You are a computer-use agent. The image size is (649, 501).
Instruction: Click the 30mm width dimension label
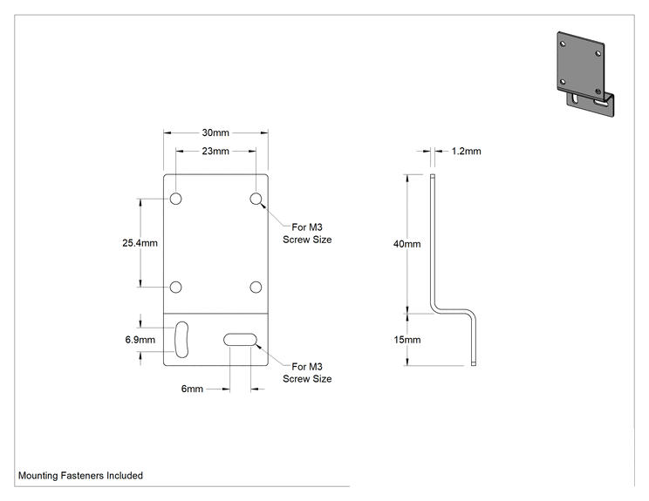coord(215,132)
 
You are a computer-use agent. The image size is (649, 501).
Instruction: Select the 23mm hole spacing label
coord(215,152)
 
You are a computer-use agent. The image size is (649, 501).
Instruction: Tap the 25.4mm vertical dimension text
coord(140,243)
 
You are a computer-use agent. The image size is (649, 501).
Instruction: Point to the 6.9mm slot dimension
coord(140,340)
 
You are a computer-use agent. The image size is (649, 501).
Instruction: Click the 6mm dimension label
coord(192,389)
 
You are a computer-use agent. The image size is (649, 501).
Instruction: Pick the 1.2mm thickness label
coord(466,152)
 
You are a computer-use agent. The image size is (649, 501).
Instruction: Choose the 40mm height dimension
coord(406,244)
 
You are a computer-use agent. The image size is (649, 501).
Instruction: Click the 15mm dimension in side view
coord(406,340)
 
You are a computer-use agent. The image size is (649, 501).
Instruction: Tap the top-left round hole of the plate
coord(176,199)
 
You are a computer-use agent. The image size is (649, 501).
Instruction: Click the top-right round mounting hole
coord(256,199)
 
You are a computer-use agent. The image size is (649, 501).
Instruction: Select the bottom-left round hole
coord(176,287)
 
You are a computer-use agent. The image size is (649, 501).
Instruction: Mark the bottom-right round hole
coord(256,287)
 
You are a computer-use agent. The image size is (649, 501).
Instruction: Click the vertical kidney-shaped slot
coord(181,340)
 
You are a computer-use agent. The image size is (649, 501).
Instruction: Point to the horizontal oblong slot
coord(240,340)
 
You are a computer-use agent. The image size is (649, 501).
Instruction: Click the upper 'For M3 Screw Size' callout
coord(307,234)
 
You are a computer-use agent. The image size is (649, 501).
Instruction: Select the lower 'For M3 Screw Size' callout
coord(307,372)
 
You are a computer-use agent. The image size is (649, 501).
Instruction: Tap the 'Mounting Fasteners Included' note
coord(81,476)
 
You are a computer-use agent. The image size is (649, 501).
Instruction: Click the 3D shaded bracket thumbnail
coord(585,73)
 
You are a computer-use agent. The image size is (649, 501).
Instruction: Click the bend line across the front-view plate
coord(215,313)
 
